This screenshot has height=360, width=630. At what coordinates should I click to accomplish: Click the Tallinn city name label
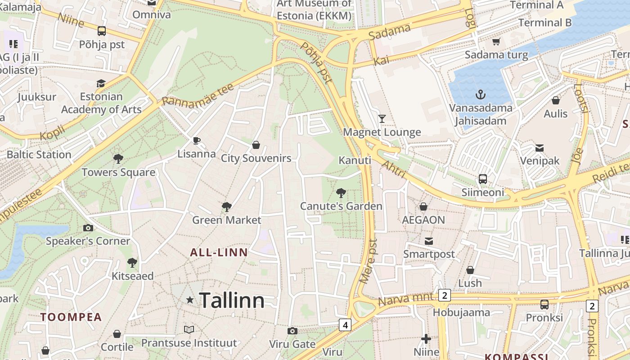(x=232, y=300)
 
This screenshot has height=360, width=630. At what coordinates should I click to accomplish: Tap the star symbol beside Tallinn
(x=190, y=300)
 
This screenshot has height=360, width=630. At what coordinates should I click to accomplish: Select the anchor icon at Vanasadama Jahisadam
(x=481, y=94)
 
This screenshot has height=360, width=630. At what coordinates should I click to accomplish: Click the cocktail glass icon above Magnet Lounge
(x=382, y=118)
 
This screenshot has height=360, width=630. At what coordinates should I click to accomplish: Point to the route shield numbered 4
(x=345, y=324)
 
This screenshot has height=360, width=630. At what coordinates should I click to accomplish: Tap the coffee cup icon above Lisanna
(x=196, y=140)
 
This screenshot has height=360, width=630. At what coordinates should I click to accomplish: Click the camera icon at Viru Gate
(x=292, y=331)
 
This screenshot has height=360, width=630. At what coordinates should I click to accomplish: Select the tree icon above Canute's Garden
(x=341, y=193)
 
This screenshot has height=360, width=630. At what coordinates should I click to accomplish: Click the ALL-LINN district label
(x=219, y=252)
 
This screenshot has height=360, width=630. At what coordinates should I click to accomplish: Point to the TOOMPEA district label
(x=71, y=317)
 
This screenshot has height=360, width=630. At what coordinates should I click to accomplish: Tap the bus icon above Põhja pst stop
(x=102, y=31)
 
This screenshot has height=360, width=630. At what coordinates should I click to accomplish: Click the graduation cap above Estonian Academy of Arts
(x=101, y=83)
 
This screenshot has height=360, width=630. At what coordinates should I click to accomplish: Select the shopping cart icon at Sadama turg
(x=496, y=42)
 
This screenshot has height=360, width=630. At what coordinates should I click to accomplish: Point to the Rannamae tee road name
(x=198, y=94)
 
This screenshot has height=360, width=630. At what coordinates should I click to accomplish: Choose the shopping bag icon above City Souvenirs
(x=256, y=145)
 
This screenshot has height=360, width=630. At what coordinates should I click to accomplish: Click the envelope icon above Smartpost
(x=428, y=241)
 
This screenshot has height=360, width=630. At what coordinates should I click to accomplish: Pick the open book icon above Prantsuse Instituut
(x=189, y=330)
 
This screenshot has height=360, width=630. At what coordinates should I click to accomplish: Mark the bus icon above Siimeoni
(x=483, y=179)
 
